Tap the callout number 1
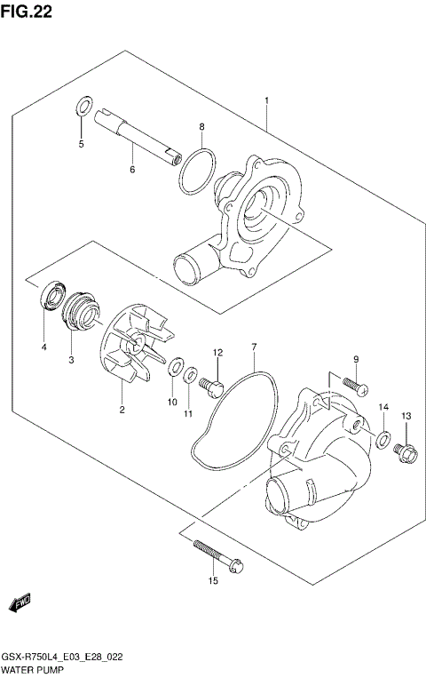coord(265,101)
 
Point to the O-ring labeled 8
coord(197,171)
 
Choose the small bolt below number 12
coord(213,386)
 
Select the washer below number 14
coord(383,437)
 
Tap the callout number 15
coord(213,581)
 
